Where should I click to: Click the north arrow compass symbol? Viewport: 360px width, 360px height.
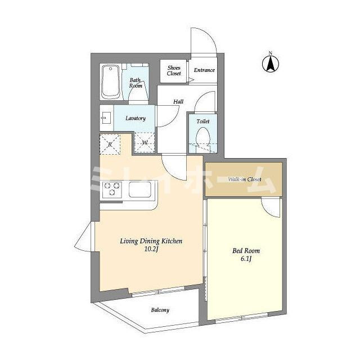click(271, 64)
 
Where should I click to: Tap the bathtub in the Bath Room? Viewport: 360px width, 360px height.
click(111, 82)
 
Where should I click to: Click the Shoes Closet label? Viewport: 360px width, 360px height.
click(174, 71)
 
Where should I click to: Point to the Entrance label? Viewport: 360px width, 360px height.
click(204, 70)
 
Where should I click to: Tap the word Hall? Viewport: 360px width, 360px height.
click(178, 101)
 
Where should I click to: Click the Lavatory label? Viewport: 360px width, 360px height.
click(136, 118)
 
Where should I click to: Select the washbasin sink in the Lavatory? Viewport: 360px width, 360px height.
click(106, 118)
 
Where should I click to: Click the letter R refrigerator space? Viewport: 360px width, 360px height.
click(110, 145)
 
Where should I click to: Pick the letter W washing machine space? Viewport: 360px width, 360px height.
click(145, 142)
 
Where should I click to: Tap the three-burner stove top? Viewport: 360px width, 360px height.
click(112, 189)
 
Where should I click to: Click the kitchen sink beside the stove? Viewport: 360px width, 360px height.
click(140, 190)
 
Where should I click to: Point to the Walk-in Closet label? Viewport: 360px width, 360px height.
click(245, 179)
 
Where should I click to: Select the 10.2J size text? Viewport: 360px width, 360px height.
click(151, 249)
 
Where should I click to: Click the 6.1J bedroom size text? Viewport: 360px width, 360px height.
click(246, 259)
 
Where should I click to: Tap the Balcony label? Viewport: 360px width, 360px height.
click(160, 310)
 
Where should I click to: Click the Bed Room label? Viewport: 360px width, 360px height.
click(246, 250)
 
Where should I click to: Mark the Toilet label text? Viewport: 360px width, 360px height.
click(203, 121)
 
